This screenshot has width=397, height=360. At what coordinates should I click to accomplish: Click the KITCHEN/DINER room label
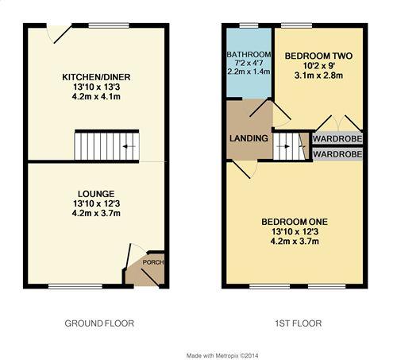96,77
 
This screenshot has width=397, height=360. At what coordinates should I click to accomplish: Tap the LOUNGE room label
96,193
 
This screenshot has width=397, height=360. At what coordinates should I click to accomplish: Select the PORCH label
152,263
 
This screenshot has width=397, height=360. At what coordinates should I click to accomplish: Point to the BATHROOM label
249,54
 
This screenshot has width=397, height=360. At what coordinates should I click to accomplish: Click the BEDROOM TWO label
318,56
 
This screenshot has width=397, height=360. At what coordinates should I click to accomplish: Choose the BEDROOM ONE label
295,221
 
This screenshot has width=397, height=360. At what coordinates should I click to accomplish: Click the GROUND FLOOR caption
98,323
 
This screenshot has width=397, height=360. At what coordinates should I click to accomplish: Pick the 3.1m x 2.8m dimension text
318,76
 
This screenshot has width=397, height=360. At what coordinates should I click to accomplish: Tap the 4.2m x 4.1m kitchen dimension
96,97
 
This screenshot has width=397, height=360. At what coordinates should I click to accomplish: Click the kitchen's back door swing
58,33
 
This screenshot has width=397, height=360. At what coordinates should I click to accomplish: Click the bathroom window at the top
248,27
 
